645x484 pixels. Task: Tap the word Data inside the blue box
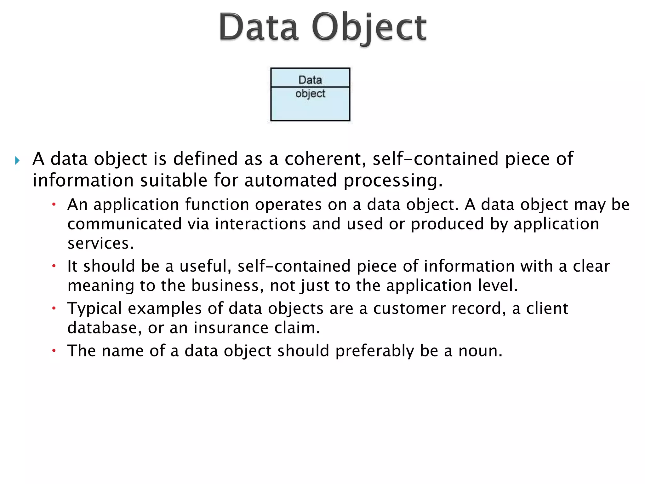(x=310, y=80)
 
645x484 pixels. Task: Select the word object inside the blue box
(x=310, y=94)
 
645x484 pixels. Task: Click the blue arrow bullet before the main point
(x=17, y=161)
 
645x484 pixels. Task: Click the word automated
(x=290, y=181)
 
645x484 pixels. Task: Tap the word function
(x=217, y=205)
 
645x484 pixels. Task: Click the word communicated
(x=124, y=224)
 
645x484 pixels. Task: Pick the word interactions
(x=260, y=224)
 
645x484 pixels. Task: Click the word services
(x=100, y=244)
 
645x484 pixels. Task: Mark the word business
(x=227, y=286)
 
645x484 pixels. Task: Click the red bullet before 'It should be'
(x=54, y=266)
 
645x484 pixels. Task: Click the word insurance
(x=231, y=328)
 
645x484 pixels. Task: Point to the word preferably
(x=374, y=351)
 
